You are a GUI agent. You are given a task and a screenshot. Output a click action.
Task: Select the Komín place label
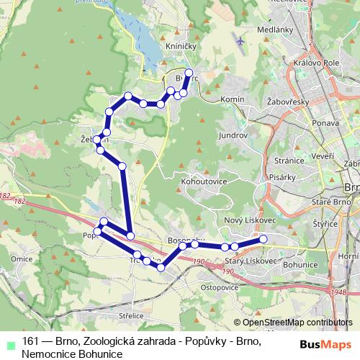click(x=233, y=99)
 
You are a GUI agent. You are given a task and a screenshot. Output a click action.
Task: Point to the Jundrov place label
click(x=233, y=135)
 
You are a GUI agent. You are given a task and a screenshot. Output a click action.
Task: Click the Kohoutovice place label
click(x=205, y=181)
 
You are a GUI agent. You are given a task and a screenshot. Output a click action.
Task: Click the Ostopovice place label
click(x=218, y=287)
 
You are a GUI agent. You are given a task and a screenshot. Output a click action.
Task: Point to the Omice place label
click(x=20, y=258)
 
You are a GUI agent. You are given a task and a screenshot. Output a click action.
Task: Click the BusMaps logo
click(x=326, y=344)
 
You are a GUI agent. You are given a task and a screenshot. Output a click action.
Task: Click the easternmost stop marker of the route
click(x=264, y=238)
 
